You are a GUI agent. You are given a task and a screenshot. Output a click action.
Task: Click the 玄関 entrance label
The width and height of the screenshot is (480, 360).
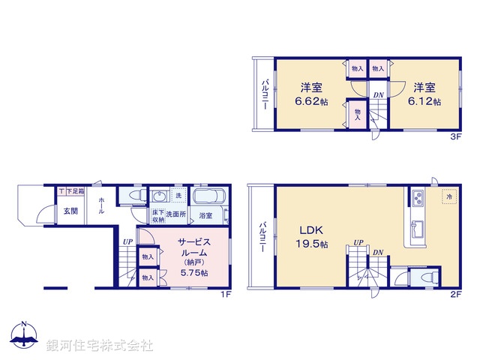tap(70, 211)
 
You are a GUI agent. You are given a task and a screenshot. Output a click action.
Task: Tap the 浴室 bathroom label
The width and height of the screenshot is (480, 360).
tap(205, 216)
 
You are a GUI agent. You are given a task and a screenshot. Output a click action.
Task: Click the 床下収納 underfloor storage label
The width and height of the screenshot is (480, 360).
tap(158, 216)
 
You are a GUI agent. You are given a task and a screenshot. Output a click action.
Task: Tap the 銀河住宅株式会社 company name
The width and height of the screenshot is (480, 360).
tap(100, 345)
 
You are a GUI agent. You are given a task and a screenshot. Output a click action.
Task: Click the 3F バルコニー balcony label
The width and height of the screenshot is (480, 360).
tap(265, 96)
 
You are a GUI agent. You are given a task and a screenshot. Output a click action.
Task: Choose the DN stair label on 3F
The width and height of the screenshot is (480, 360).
tap(379, 95)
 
